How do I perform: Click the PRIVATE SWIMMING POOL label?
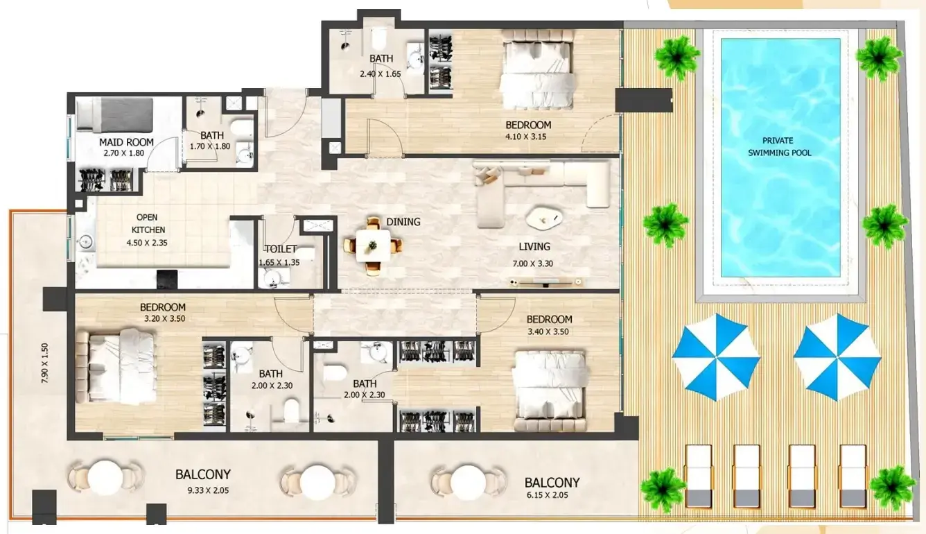779,146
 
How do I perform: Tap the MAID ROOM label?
126,142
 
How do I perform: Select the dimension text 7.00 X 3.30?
532,264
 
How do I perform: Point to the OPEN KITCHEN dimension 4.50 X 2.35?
147,243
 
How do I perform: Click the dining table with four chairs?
373,246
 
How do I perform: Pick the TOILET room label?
281,249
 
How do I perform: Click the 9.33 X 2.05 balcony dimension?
208,490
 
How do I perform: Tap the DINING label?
403,222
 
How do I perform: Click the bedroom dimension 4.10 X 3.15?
526,137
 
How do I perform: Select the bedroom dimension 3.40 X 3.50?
548,331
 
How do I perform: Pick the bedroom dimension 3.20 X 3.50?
164,318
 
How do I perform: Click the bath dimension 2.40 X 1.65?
381,74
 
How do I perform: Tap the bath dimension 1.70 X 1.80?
210,146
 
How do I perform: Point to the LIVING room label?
534,246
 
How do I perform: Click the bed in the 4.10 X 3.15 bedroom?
537,69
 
